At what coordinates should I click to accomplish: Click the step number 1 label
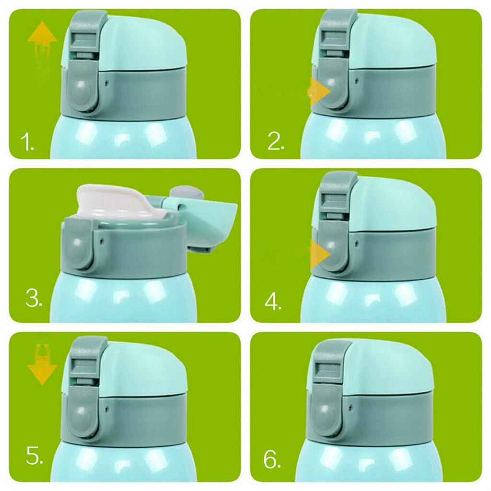(x=27, y=142)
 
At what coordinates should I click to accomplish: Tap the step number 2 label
(x=276, y=141)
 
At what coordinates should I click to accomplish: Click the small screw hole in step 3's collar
(x=102, y=241)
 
